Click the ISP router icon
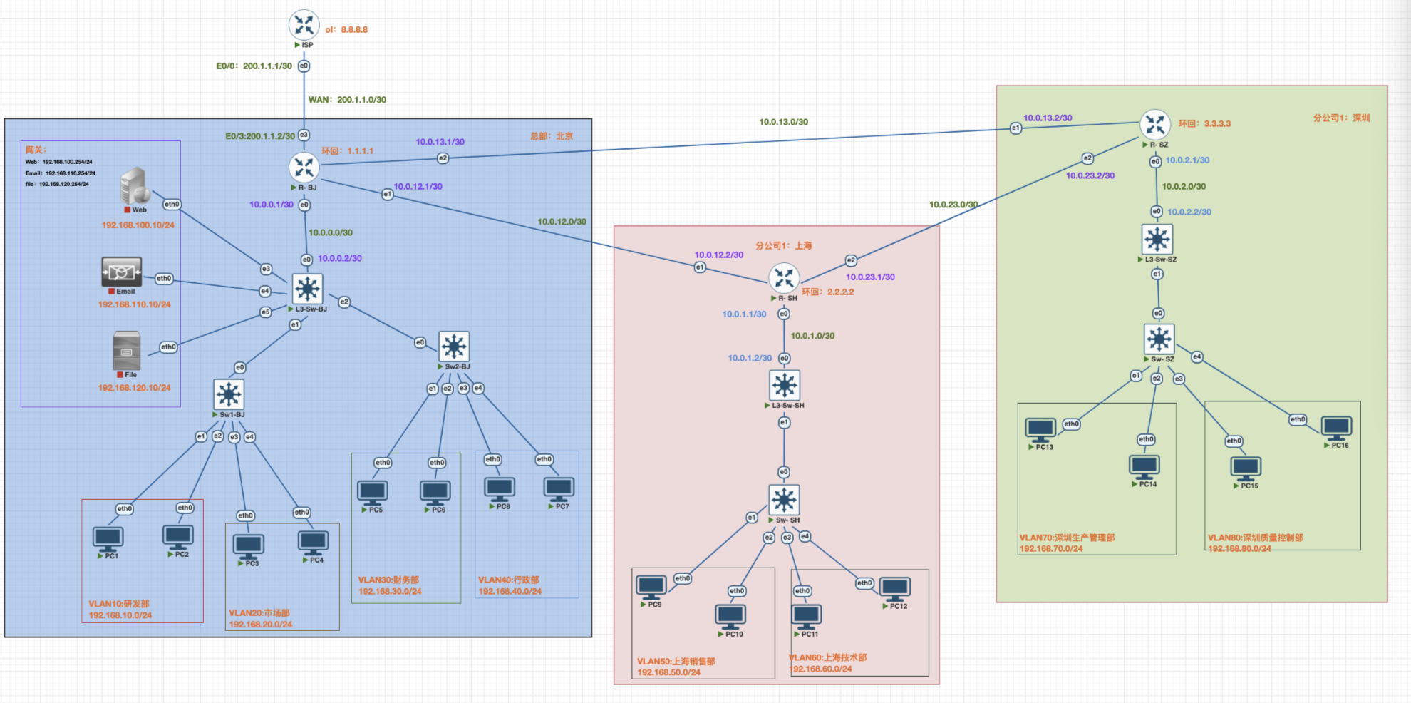304,24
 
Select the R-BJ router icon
304,168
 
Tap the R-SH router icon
784,278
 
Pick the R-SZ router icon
1155,125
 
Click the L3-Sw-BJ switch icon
307,289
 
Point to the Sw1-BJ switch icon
229,394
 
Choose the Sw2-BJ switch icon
454,347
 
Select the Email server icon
121,272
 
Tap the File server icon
127,350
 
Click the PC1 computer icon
108,538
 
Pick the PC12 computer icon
895,588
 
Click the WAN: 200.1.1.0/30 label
347,100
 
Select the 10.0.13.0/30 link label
783,122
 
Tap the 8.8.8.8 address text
354,30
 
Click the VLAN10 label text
119,604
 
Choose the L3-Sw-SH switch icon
785,385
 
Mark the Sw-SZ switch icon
1159,339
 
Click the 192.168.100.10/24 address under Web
138,225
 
